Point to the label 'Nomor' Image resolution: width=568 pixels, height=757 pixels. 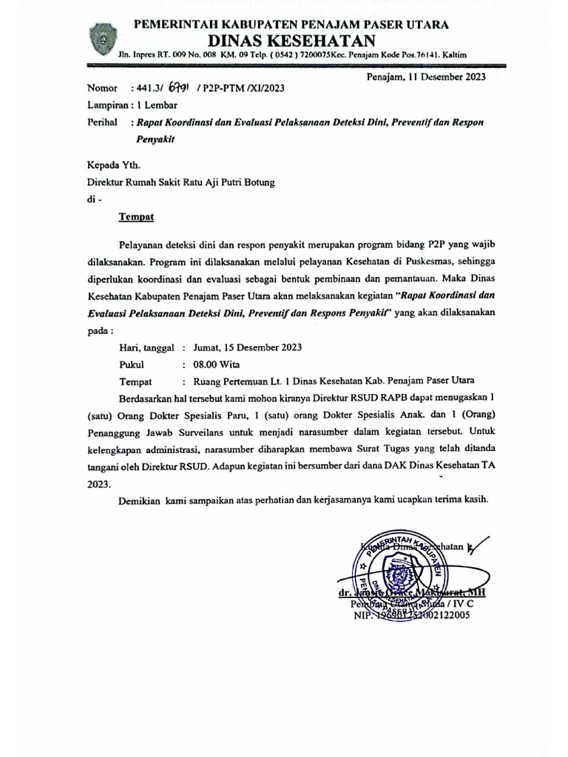coord(102,87)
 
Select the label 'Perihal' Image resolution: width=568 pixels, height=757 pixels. coord(103,123)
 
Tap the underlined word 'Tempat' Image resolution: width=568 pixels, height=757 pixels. coord(137,217)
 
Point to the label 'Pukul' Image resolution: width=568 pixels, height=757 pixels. coord(132,364)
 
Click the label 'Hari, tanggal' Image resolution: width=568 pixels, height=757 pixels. coord(146,347)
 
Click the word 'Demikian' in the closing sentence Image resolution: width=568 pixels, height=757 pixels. coord(141,501)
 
